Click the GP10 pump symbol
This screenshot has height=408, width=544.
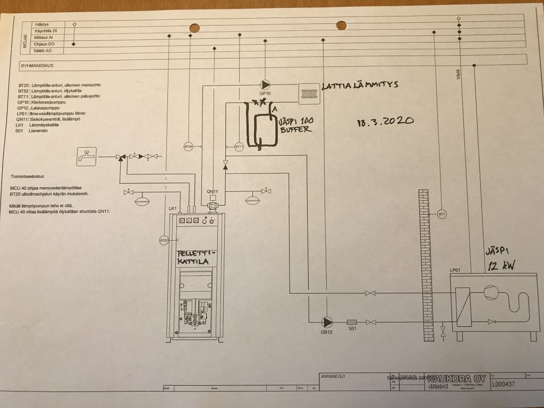pos(265,85)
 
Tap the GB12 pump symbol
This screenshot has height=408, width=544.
pos(326,322)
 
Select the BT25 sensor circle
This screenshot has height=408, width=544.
pos(188,146)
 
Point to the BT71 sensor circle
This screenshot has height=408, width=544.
pos(239,146)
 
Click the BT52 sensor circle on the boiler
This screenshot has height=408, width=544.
pos(164,240)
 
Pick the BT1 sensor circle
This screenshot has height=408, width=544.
pos(441,214)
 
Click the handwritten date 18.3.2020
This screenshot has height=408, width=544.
pos(385,121)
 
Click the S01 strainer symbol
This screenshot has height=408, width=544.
pos(351,322)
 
